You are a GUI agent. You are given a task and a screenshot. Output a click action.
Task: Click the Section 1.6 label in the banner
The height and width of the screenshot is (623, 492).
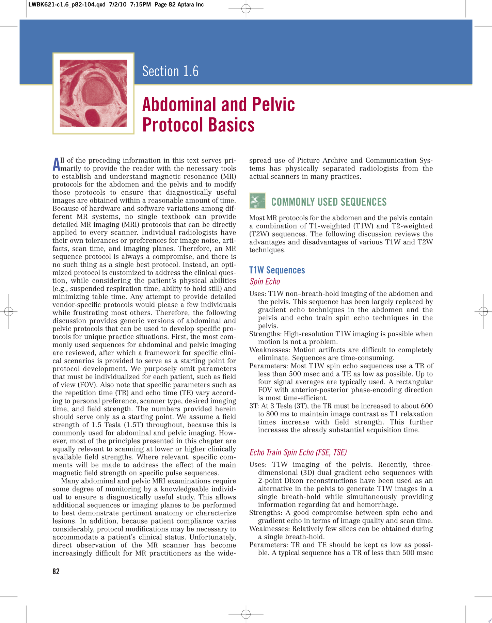(170, 71)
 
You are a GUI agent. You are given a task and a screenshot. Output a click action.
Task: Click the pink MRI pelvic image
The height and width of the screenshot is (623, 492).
(93, 93)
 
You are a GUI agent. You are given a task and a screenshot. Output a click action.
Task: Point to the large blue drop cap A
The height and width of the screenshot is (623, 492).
(56, 164)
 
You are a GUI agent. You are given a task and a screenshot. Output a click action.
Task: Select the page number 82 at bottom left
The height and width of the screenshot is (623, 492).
(56, 572)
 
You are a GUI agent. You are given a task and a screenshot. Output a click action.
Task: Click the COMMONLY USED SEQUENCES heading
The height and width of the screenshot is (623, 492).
(329, 202)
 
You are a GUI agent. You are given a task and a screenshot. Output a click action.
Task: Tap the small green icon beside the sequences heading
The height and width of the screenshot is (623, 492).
(257, 201)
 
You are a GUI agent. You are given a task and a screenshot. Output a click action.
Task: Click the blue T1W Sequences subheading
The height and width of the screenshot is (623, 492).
(277, 270)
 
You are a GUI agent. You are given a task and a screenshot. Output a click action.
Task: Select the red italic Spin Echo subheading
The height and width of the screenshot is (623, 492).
(265, 282)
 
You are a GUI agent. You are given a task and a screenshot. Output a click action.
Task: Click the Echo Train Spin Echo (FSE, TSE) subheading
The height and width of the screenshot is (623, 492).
(298, 452)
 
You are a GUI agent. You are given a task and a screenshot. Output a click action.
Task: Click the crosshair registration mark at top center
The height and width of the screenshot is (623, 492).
(246, 9)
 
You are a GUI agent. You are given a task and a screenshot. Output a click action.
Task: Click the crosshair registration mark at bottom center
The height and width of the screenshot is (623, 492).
(246, 614)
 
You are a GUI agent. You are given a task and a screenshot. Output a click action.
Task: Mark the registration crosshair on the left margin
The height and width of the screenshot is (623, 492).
(9, 311)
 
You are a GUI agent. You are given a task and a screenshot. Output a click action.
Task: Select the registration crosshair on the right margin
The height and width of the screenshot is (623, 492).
(483, 311)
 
